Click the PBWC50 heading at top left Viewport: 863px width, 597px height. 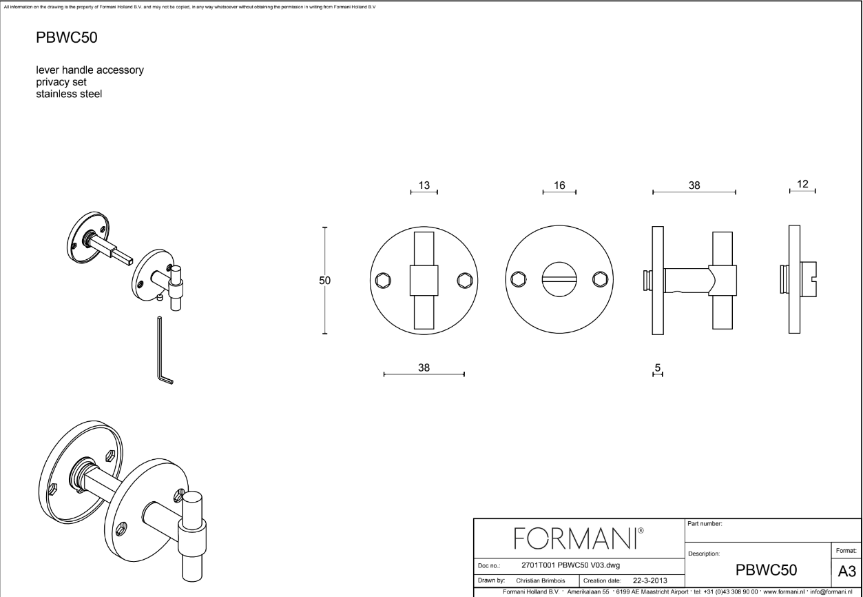[x=66, y=37]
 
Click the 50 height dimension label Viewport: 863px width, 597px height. [x=325, y=281]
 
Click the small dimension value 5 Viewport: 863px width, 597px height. [x=658, y=369]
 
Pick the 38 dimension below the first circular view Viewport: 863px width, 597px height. [x=424, y=367]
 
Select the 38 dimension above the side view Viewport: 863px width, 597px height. [x=694, y=185]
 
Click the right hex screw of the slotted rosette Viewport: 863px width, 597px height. [x=601, y=279]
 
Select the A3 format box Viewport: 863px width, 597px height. [x=846, y=571]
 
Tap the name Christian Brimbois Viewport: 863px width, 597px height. [x=542, y=580]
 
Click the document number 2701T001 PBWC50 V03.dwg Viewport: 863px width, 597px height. [x=570, y=565]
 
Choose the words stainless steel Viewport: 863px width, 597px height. [x=68, y=94]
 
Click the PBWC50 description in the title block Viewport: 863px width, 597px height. [x=767, y=570]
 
